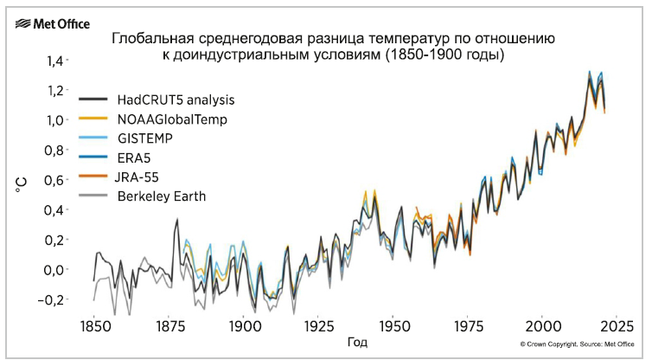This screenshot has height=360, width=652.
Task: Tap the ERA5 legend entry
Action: pos(135,157)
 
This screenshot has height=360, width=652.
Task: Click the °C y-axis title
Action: pos(22,182)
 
